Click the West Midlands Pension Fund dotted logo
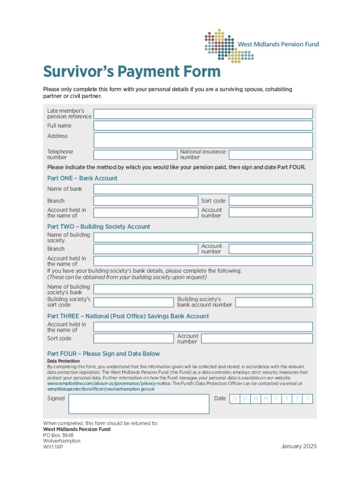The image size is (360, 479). pos(229,44)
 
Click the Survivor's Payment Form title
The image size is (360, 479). pos(131,72)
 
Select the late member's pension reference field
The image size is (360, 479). pos(203,114)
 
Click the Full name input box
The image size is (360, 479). pos(203,126)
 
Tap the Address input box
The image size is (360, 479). pos(203,140)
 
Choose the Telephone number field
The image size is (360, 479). pos(136,155)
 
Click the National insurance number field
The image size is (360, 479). pos(270,155)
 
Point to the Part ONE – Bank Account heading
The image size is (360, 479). pos(82,178)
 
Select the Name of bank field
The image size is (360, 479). pos(203,189)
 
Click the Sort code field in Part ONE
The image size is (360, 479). pos(270,201)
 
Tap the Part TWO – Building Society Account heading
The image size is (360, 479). pos(99,226)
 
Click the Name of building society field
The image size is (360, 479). pos(203,237)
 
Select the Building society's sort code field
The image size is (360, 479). pos(133,302)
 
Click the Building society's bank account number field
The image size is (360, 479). pos(274,302)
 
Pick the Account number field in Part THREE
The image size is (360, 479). pos(270,338)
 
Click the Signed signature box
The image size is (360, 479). pos(139,404)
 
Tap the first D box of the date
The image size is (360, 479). pos(234,399)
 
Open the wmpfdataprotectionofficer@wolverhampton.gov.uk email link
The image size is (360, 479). pos(101,389)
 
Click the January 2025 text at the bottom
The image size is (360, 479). pos(299,446)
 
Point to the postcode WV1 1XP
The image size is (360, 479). pos(53,447)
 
